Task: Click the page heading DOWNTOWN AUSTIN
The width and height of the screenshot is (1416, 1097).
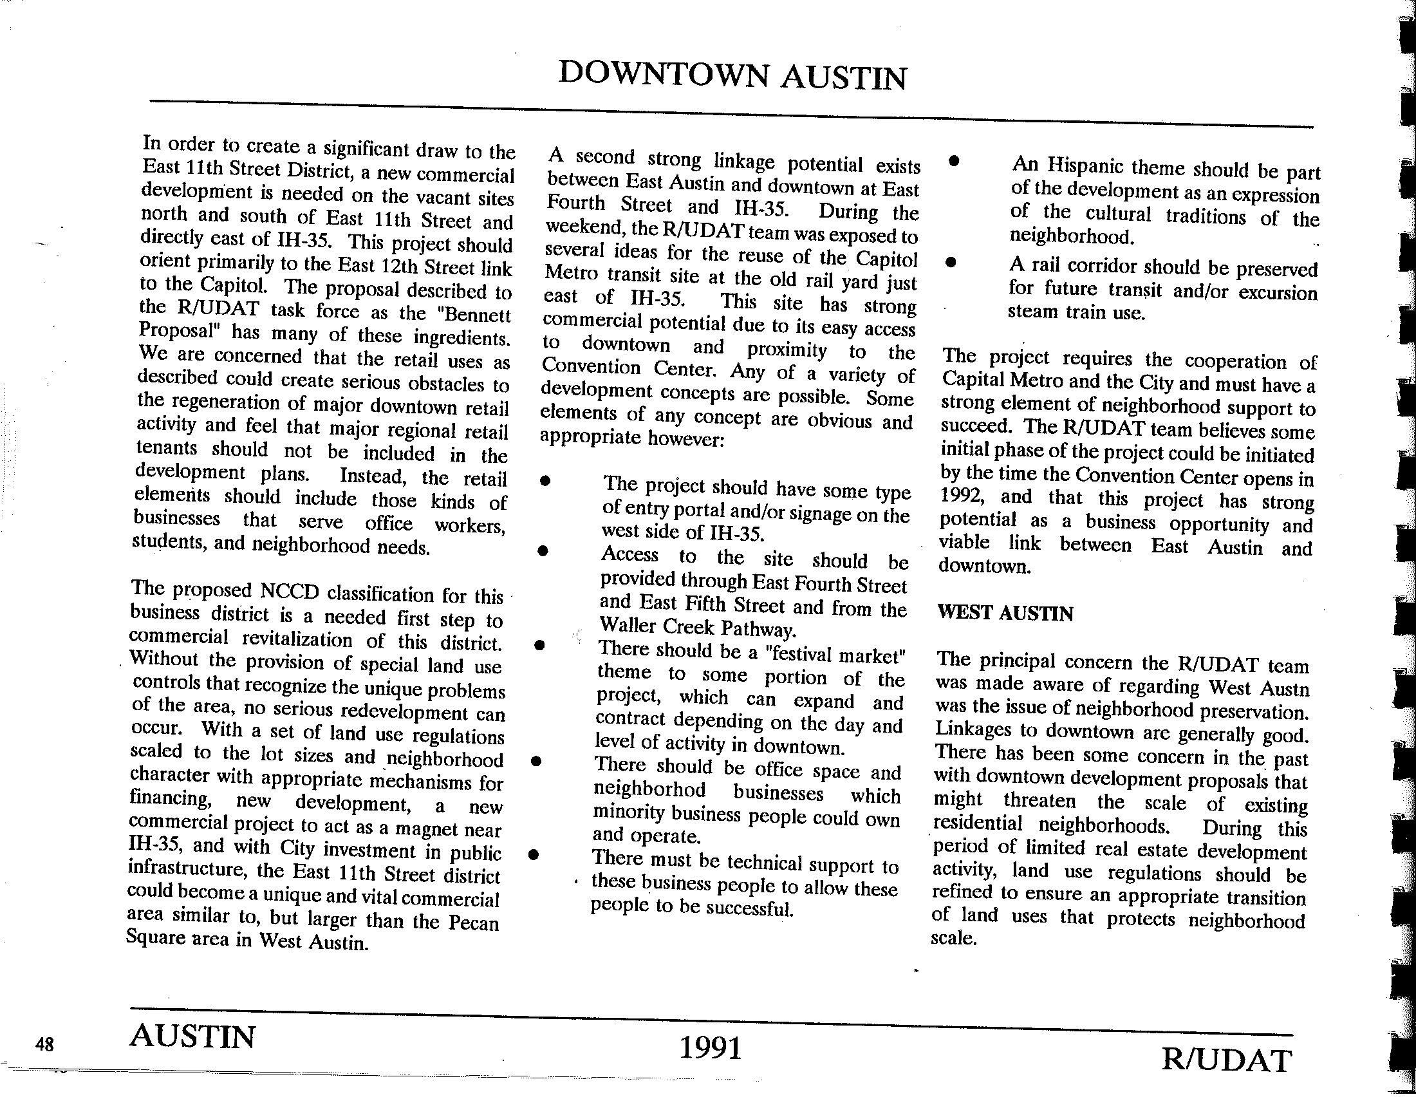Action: [x=732, y=76]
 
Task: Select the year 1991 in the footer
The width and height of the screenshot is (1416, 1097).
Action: [x=710, y=1047]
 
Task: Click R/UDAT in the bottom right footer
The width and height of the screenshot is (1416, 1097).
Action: [x=1226, y=1061]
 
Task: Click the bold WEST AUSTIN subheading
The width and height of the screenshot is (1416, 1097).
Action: [x=1005, y=614]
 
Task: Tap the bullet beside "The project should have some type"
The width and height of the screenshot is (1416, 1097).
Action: [x=546, y=482]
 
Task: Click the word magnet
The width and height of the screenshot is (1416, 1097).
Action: [x=447, y=829]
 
